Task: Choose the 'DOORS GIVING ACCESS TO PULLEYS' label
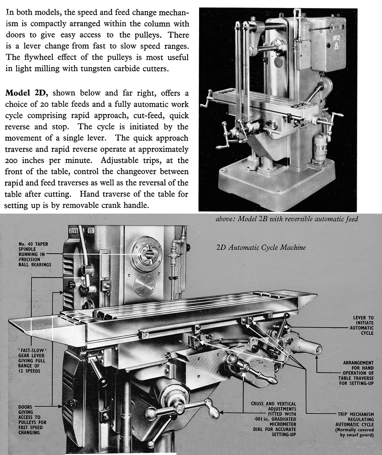click(32, 419)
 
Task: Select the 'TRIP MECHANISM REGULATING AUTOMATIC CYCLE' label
click(356, 424)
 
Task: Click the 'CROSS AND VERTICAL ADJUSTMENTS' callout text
click(274, 419)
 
